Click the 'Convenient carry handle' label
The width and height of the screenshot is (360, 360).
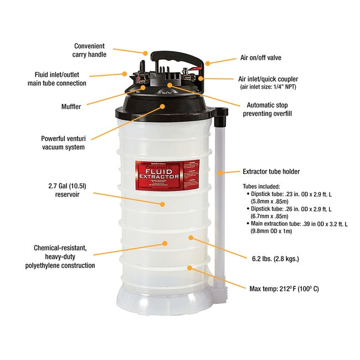coord(89,50)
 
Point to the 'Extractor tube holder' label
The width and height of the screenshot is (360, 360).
coord(271,172)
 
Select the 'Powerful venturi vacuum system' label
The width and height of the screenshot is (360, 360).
coord(63,143)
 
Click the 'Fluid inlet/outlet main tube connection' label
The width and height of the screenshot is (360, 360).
coord(57,79)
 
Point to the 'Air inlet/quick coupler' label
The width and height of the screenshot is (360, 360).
coord(265,79)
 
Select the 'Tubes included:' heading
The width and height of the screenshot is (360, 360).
coord(261,186)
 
